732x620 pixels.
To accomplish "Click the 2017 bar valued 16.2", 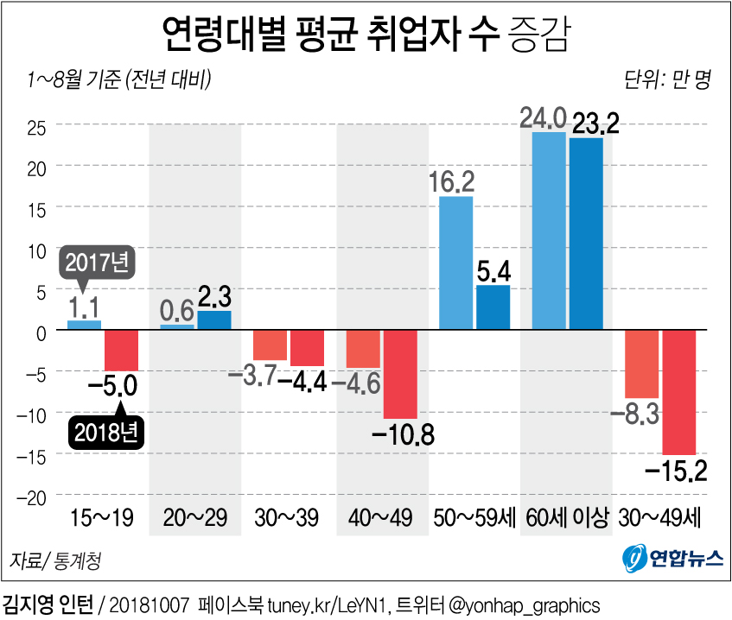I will [456, 263].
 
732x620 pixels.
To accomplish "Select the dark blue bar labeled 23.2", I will [586, 234].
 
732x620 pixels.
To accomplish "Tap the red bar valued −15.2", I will [678, 392].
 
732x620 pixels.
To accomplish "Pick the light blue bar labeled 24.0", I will [548, 231].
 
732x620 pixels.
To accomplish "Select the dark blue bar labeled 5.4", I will [493, 307].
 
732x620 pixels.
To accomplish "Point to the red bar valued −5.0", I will [122, 351].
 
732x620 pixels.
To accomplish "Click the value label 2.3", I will [213, 298].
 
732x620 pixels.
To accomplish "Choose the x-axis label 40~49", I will [380, 518].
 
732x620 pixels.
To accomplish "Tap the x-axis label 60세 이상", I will [566, 518].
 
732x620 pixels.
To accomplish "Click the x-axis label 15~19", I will [103, 518].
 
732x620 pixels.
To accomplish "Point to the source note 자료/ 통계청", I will [54, 561].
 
